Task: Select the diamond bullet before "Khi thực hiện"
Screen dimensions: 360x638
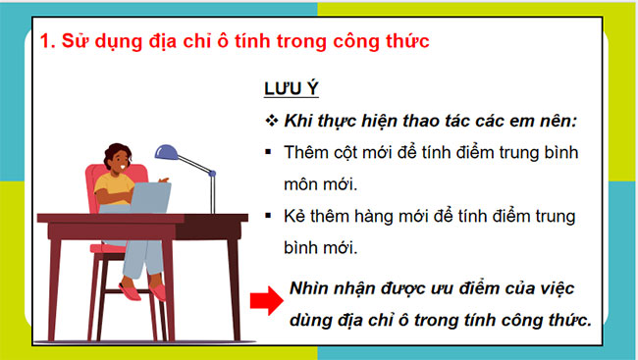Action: (272, 121)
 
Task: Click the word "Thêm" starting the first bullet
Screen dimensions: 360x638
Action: (304, 153)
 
